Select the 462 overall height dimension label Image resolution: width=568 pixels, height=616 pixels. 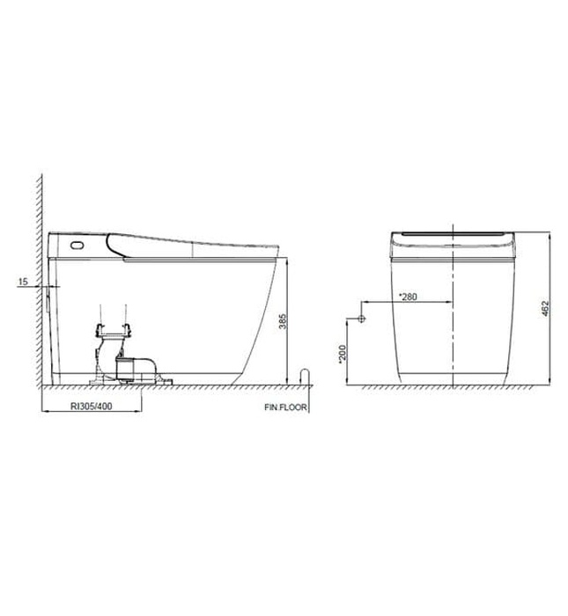click(x=546, y=309)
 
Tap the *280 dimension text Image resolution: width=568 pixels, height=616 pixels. click(x=409, y=297)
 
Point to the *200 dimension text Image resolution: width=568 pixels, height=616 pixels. click(x=342, y=354)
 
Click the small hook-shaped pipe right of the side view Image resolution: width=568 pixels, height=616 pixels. click(x=305, y=375)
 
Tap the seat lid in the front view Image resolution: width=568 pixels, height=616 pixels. click(x=451, y=235)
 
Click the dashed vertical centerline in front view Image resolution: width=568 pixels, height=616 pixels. click(x=451, y=334)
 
